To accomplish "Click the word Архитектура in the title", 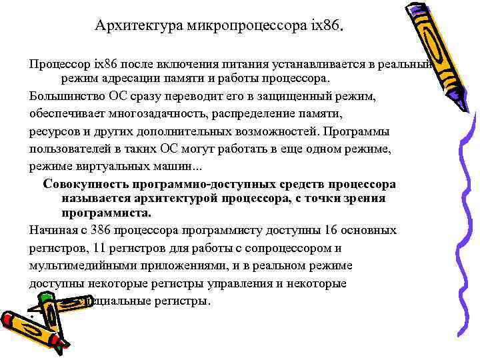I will point(130,26).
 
